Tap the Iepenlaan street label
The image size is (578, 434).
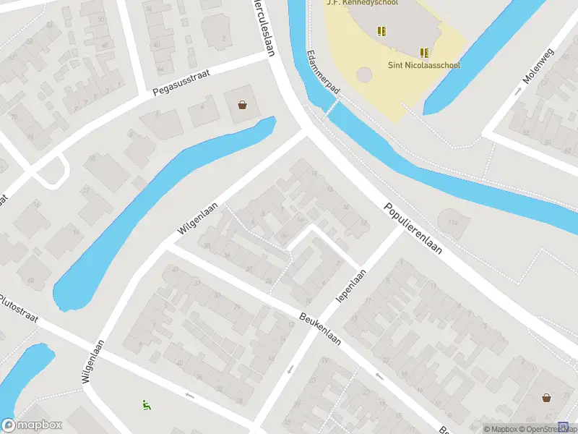(352, 286)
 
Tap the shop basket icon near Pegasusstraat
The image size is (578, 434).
(242, 105)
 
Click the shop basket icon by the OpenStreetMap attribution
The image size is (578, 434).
(547, 397)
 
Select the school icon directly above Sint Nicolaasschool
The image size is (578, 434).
(425, 52)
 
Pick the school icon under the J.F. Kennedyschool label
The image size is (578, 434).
(381, 30)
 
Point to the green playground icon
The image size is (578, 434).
(147, 405)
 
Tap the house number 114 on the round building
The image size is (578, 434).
(453, 224)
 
